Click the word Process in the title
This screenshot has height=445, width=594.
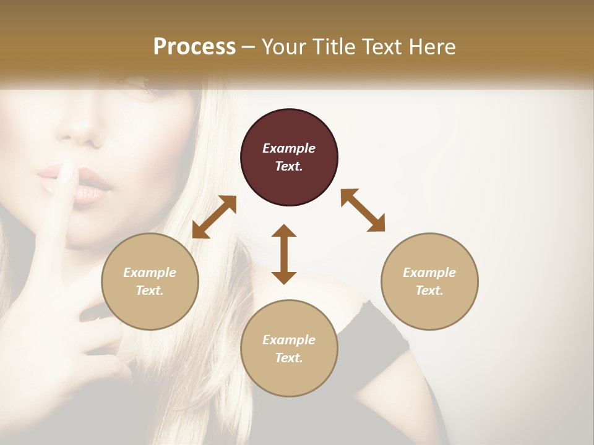tap(194, 47)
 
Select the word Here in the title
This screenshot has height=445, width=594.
tap(432, 47)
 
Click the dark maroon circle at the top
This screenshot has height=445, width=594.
tap(289, 157)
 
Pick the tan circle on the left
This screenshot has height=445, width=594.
tap(150, 281)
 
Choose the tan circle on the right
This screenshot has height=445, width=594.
tap(429, 281)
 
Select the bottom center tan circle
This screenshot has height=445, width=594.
tap(289, 349)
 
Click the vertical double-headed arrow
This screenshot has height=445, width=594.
tap(284, 254)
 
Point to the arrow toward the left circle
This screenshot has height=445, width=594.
tap(214, 217)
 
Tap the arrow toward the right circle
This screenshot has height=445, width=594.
tap(363, 210)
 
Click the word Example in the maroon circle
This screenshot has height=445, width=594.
tap(289, 148)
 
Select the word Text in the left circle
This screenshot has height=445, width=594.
tap(150, 290)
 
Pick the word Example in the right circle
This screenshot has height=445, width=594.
tap(429, 273)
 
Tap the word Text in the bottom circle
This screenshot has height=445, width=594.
tap(289, 358)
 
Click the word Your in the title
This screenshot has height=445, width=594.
tap(282, 47)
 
